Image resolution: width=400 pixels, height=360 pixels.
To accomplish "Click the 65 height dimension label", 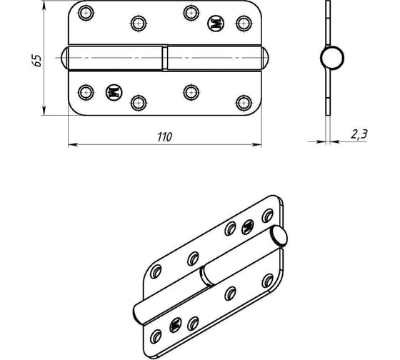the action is point(37,61).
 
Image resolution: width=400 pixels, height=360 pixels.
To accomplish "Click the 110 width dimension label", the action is point(164,137).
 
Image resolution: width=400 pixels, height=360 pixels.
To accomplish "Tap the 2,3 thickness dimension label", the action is point(359,134).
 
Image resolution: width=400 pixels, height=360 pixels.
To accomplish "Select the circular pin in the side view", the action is point(332,58).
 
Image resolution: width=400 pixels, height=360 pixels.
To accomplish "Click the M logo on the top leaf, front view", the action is point(216,24).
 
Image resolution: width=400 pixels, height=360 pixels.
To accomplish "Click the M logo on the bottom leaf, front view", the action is point(114,92).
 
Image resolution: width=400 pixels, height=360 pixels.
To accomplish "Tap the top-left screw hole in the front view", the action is point(86,13).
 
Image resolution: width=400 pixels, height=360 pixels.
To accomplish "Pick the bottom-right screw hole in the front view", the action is point(244,103).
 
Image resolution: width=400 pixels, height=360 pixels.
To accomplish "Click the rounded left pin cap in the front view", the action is point(64,58).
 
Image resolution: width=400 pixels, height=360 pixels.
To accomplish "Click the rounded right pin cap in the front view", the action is point(265,58).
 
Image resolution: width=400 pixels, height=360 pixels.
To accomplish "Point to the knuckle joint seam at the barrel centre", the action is point(165,58).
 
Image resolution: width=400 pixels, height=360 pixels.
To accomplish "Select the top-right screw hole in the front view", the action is point(244,24).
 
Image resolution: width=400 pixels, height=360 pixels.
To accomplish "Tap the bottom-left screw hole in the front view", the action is point(86,92).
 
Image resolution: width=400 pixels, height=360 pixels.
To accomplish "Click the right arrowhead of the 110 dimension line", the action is point(257,145).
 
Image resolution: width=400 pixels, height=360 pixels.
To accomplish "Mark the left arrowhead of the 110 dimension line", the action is point(73,145).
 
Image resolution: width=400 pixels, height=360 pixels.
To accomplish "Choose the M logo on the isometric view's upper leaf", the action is point(247,226).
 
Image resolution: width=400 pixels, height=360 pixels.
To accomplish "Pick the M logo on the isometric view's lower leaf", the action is point(176,325).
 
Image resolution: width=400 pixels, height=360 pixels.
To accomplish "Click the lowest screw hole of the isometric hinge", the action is point(156,336).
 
